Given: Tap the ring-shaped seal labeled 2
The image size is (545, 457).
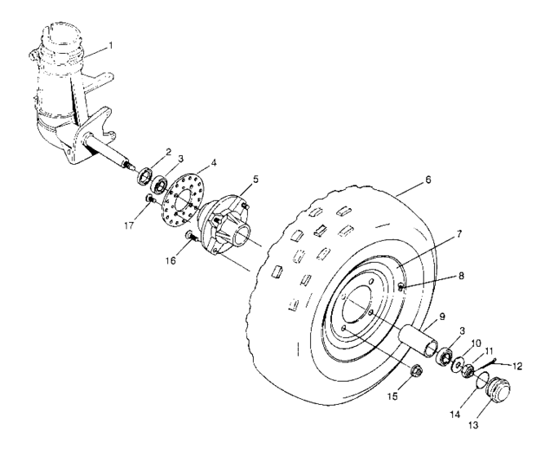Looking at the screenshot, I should coord(145,174).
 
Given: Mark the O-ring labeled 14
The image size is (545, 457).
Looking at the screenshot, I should coord(484,377).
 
